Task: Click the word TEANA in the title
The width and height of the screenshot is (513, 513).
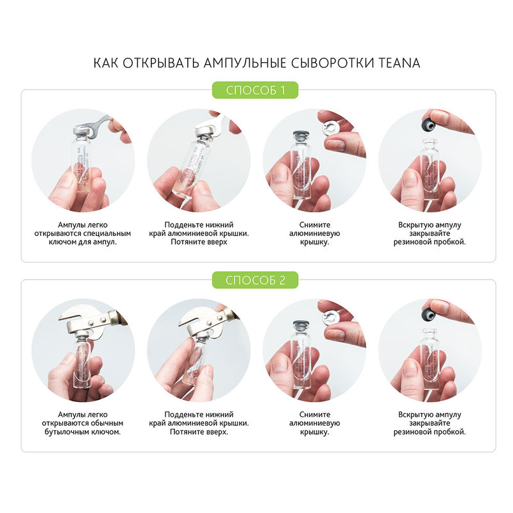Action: tap(399, 63)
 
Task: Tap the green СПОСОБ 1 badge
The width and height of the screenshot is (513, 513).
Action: tap(255, 90)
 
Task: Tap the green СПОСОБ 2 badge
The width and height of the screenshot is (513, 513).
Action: tap(255, 280)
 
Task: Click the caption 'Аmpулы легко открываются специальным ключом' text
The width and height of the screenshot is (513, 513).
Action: tap(83, 233)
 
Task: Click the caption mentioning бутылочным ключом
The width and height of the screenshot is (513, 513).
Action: tap(83, 423)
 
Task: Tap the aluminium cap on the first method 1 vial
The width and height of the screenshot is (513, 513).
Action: tap(80, 132)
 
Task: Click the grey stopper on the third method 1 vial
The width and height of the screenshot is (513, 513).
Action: tap(301, 136)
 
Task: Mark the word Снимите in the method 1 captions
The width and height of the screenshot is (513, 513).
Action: tap(315, 225)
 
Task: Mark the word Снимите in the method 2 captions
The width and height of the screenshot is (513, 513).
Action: tap(315, 414)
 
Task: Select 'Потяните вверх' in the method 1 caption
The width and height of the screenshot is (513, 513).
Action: tap(199, 242)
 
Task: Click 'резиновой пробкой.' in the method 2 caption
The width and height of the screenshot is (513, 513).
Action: tap(429, 432)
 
